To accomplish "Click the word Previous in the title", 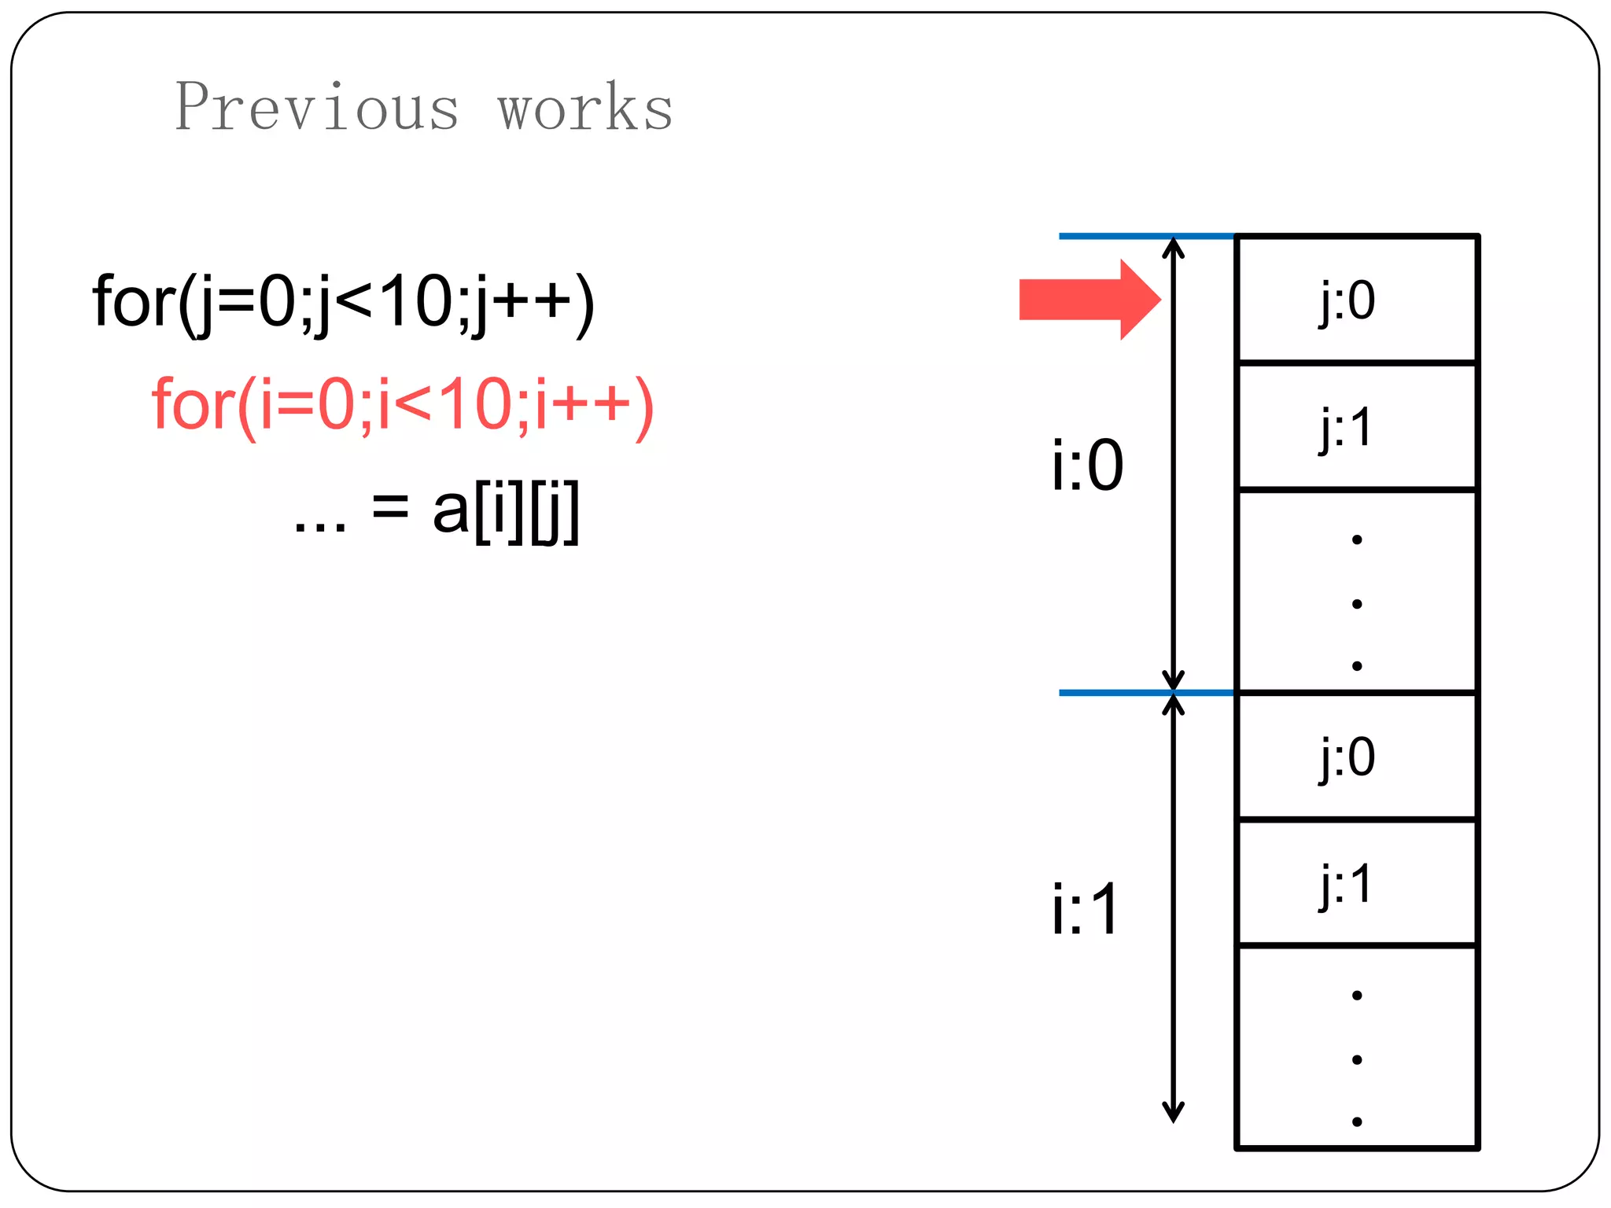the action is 316,107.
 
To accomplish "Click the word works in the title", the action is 585,107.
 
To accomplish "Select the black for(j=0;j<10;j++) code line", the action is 343,303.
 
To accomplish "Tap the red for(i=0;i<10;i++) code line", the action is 402,405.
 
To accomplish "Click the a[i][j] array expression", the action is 506,510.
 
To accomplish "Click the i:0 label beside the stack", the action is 1087,466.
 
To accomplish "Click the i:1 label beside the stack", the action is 1086,909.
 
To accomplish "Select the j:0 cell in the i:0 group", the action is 1356,300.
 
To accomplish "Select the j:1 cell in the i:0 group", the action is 1356,427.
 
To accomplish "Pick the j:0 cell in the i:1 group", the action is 1356,757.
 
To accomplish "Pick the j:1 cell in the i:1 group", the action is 1356,883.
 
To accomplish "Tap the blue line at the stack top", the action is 1145,236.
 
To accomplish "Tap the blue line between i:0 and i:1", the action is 1145,693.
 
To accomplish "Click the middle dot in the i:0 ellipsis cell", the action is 1357,604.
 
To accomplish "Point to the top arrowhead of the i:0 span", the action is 1173,247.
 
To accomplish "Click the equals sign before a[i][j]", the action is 390,507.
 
